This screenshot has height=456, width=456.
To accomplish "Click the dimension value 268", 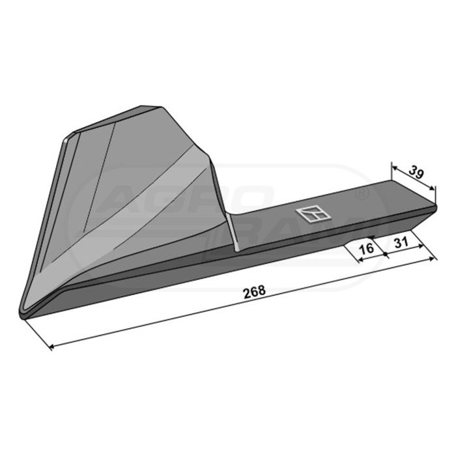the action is pos(255,292).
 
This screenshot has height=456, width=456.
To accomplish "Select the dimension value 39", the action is pos(416,173).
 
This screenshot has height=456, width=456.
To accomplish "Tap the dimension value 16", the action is pos(366,248).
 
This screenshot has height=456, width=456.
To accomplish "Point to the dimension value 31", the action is pos(401,242).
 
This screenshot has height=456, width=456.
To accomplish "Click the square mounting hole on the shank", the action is pos(312,214).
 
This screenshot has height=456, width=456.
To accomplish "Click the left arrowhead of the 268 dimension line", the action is pos(51,347).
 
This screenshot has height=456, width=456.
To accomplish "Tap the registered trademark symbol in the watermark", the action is pos(363,193).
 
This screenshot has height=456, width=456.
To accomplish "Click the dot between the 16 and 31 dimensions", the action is pos(386,255).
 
